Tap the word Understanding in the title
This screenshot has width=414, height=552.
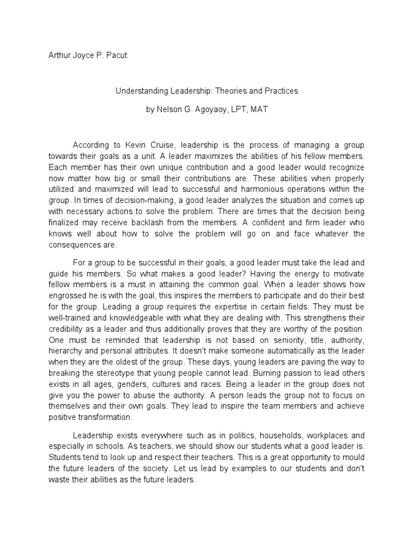pyautogui.click(x=141, y=91)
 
